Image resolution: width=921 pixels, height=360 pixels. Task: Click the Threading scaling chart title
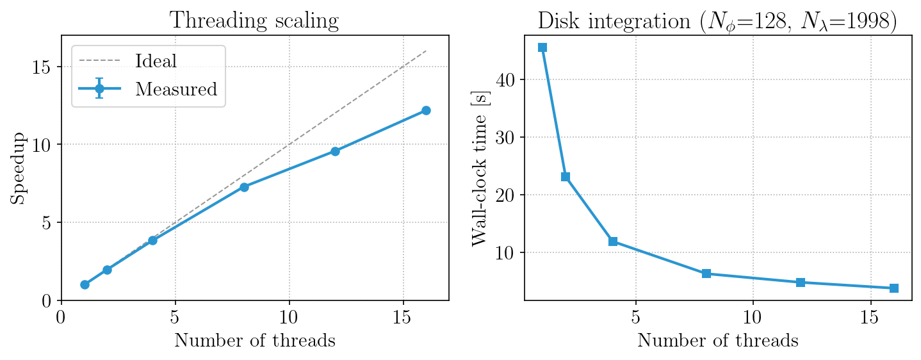pos(255,20)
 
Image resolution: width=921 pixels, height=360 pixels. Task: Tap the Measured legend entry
pos(176,89)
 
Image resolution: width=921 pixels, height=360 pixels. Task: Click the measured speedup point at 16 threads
pos(426,110)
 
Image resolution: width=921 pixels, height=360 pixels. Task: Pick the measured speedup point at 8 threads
pos(244,187)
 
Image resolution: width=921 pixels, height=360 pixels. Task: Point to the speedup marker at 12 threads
pos(335,151)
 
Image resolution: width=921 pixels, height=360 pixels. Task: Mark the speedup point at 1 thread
pos(85,284)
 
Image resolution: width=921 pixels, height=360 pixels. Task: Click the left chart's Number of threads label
pos(255,341)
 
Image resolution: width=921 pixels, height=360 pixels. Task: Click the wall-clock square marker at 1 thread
pos(542,47)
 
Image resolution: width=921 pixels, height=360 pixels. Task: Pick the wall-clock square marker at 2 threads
pos(566,177)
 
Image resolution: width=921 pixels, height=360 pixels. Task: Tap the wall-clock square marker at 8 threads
pos(706,274)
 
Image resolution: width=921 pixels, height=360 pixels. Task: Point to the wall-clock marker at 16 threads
pos(894,288)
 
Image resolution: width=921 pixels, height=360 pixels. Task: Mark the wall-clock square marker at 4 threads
pos(613,241)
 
